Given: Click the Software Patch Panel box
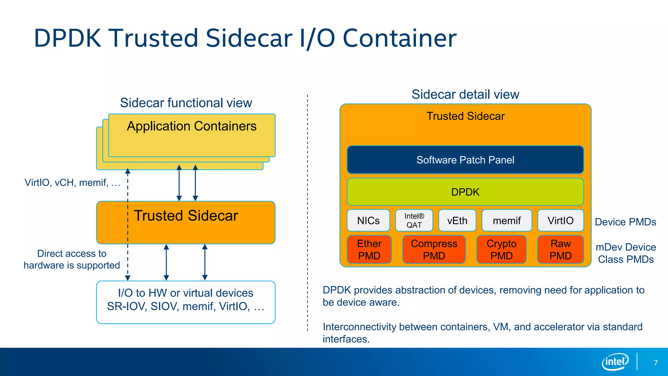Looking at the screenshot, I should (465, 160).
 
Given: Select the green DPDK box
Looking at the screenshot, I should (465, 192).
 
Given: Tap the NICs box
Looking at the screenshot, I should (368, 221).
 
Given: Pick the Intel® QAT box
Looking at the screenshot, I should (414, 221).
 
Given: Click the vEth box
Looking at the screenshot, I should (457, 221).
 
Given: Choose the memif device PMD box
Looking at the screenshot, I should (507, 221).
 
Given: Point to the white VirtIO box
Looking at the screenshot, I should (560, 221).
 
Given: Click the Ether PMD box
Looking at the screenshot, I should (369, 249).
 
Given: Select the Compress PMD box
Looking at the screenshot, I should (434, 249).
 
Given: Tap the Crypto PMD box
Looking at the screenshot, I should (501, 249).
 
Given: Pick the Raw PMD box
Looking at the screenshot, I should (560, 249).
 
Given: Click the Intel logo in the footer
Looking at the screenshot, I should (615, 362).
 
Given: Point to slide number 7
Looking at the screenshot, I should (656, 363).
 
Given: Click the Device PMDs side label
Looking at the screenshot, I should (625, 222).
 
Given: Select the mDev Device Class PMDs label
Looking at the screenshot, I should (626, 253).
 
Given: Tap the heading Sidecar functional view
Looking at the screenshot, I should (186, 103).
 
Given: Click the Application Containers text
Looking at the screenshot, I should (192, 126).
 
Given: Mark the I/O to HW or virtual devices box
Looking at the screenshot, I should (186, 302).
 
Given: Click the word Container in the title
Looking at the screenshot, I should (400, 38).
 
